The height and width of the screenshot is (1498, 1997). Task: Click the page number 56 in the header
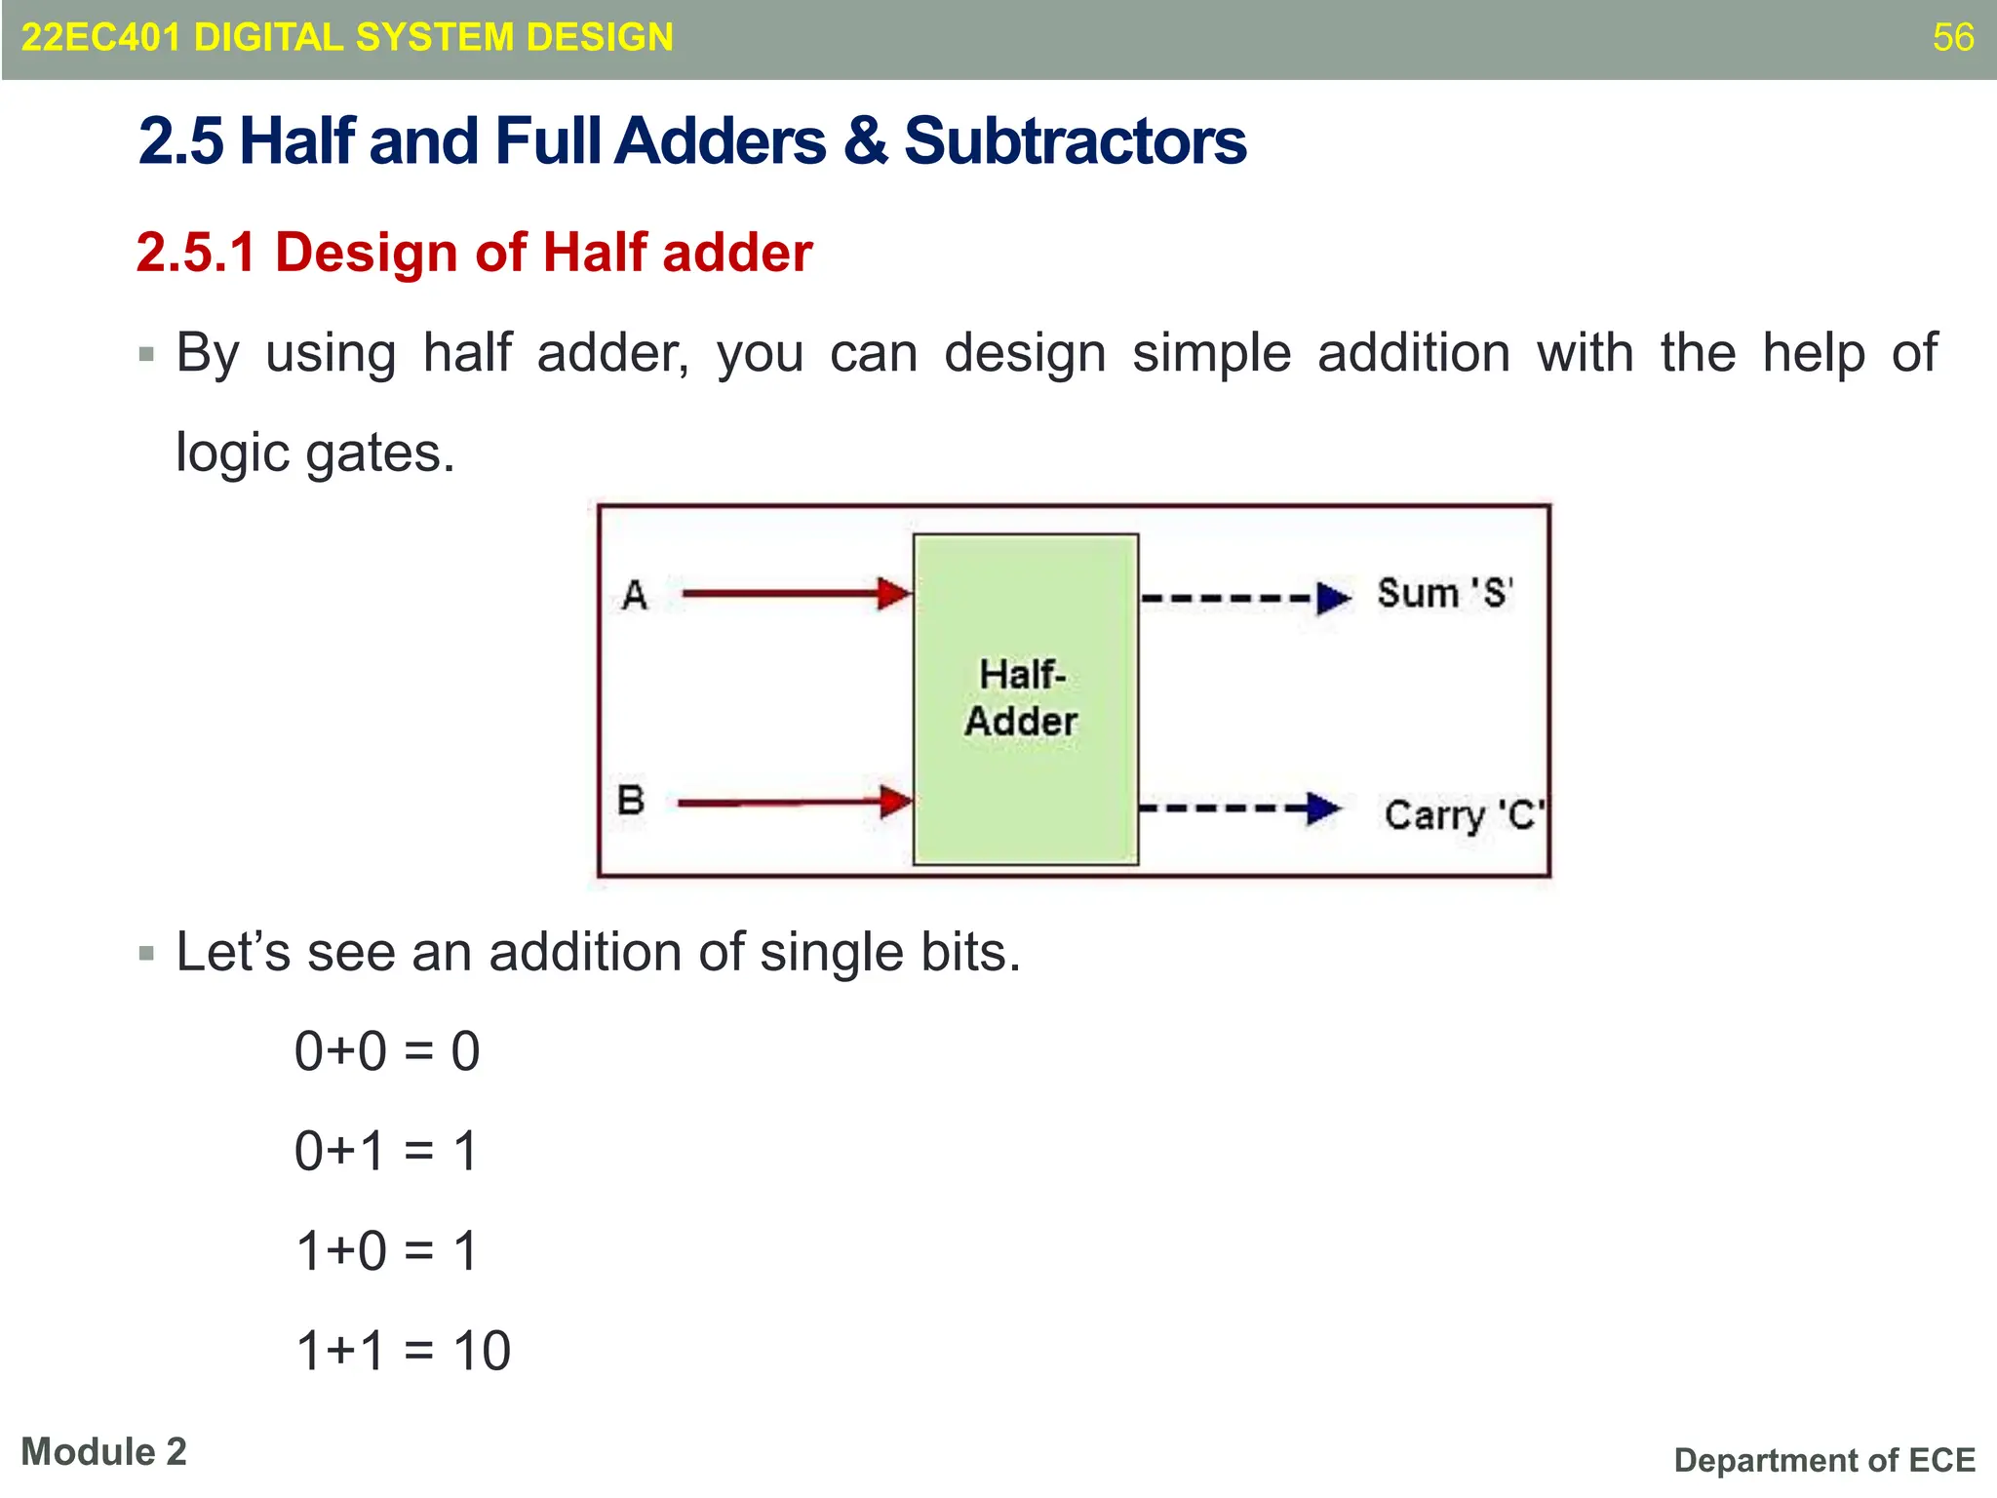coord(1952,37)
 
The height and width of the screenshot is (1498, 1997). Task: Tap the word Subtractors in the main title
coord(1075,141)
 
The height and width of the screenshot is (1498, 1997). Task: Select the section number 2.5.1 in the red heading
coord(196,253)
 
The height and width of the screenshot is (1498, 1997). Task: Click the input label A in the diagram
coord(635,594)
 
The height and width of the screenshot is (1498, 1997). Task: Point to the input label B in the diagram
coord(631,800)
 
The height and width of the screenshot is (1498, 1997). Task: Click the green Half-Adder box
coord(1025,698)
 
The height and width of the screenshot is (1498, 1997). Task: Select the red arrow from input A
coord(795,593)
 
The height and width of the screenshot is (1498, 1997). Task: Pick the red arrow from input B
coord(793,803)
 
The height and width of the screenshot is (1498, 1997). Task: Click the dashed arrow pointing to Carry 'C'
coord(1238,808)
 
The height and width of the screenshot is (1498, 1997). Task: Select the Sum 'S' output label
coord(1444,593)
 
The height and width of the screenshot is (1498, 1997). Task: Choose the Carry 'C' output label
coord(1464,815)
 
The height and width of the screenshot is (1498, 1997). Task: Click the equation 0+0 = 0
coord(387,1051)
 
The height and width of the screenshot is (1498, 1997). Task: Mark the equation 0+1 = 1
coord(386,1151)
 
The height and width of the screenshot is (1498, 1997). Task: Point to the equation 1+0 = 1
coord(386,1251)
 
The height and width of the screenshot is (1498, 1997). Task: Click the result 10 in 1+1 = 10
coord(482,1351)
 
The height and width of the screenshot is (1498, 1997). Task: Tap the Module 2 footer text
coord(103,1452)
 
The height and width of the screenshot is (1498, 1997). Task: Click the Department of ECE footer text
coord(1823,1460)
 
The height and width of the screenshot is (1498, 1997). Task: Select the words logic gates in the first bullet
coord(314,453)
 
